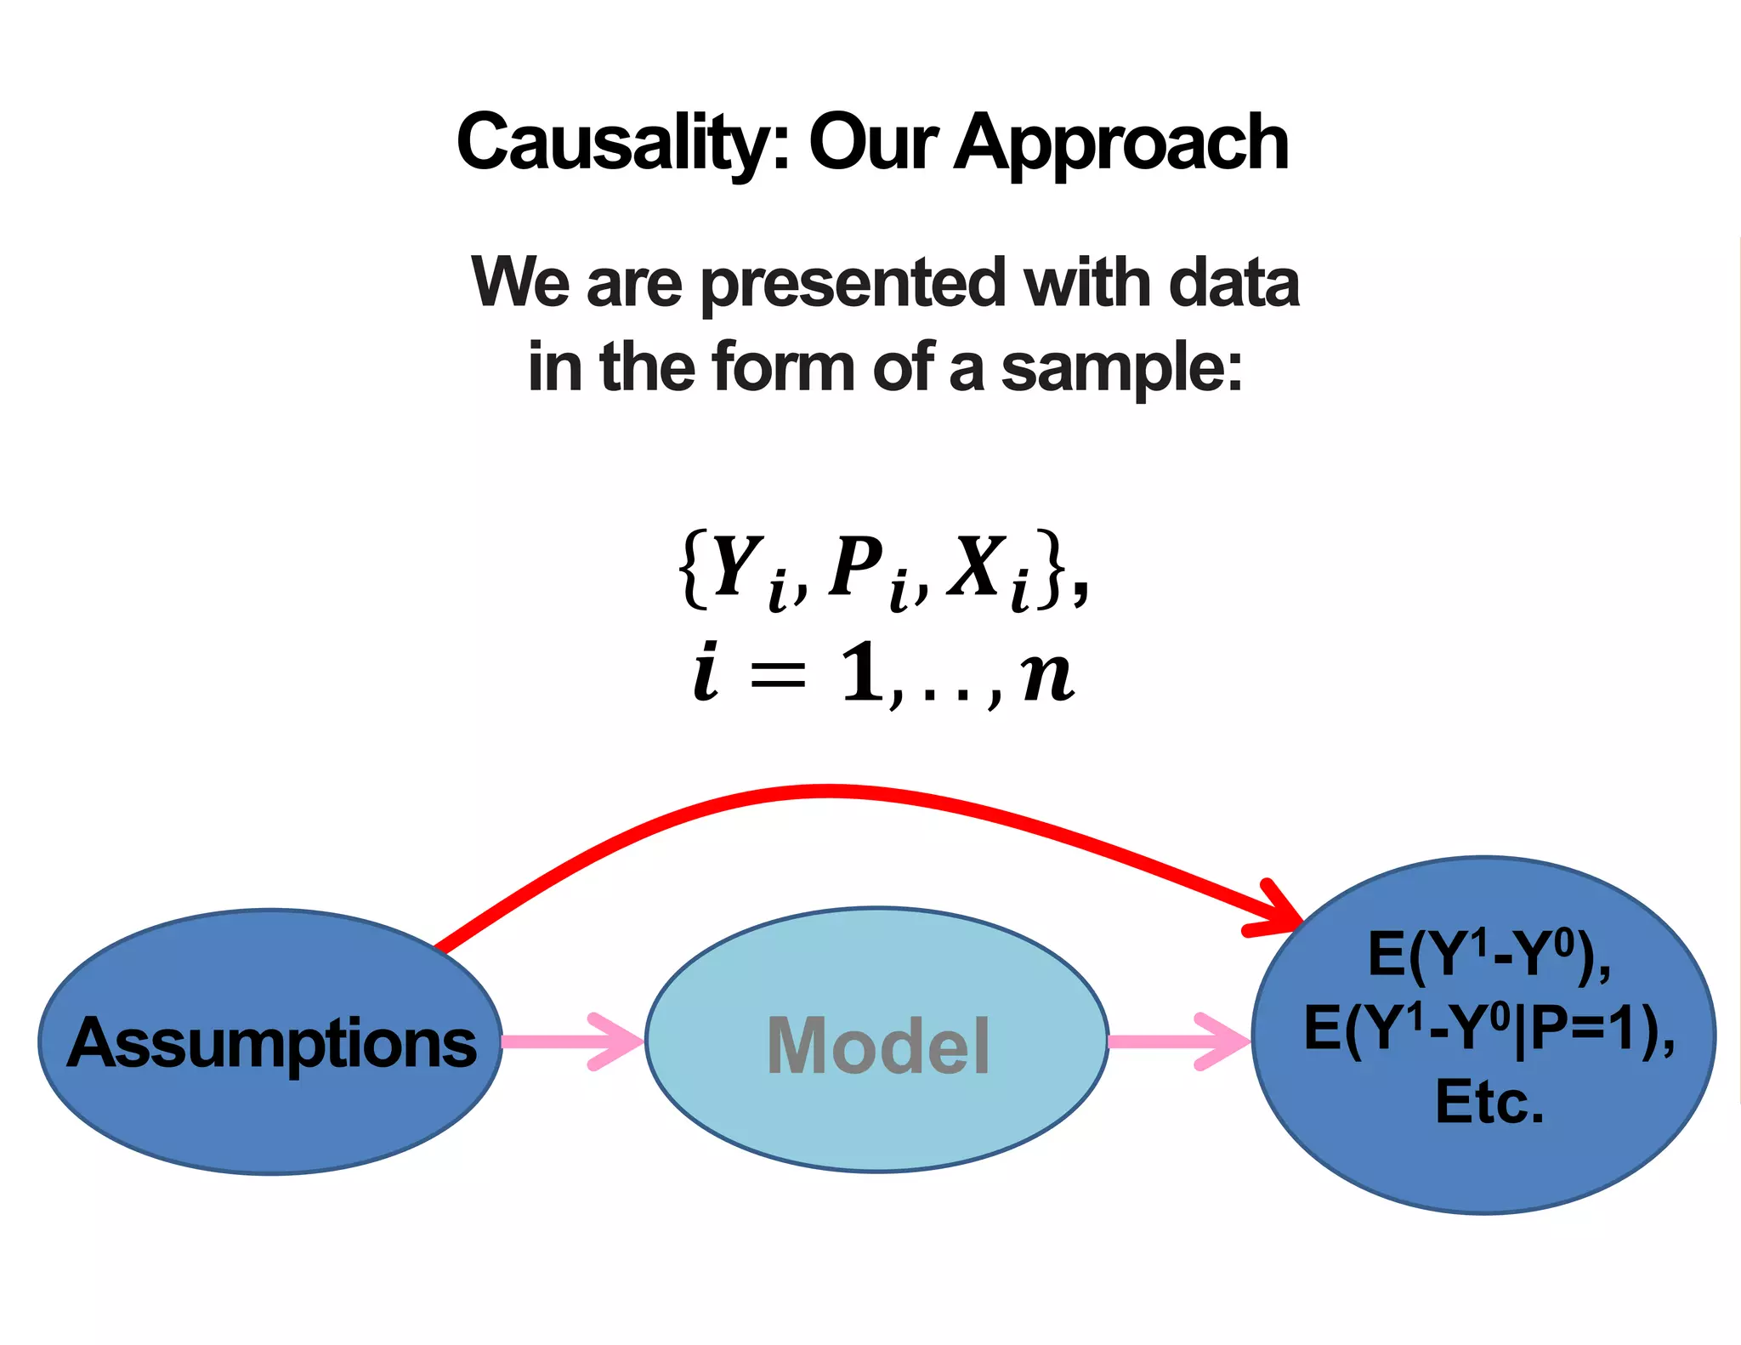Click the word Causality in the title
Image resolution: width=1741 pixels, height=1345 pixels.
612,142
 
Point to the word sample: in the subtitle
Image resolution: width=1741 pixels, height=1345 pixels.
1121,369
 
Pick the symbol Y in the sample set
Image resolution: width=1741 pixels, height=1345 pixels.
736,566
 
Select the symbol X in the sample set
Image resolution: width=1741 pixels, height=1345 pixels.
977,566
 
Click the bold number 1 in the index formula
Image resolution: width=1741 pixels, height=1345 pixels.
862,672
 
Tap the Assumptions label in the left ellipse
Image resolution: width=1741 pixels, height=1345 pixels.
272,1043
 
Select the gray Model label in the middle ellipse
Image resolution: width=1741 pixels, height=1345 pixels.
878,1046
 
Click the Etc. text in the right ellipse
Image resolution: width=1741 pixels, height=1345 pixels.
1489,1102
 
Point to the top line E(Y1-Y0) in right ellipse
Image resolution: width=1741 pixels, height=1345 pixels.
1488,955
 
